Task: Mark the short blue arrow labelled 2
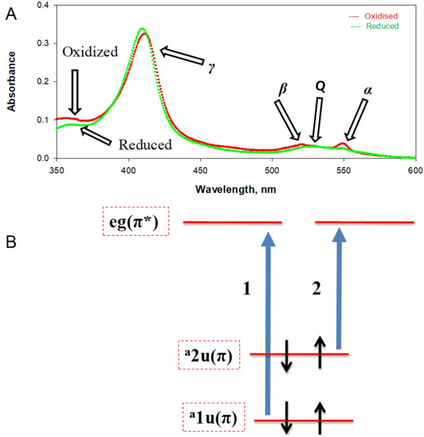click(339, 289)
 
